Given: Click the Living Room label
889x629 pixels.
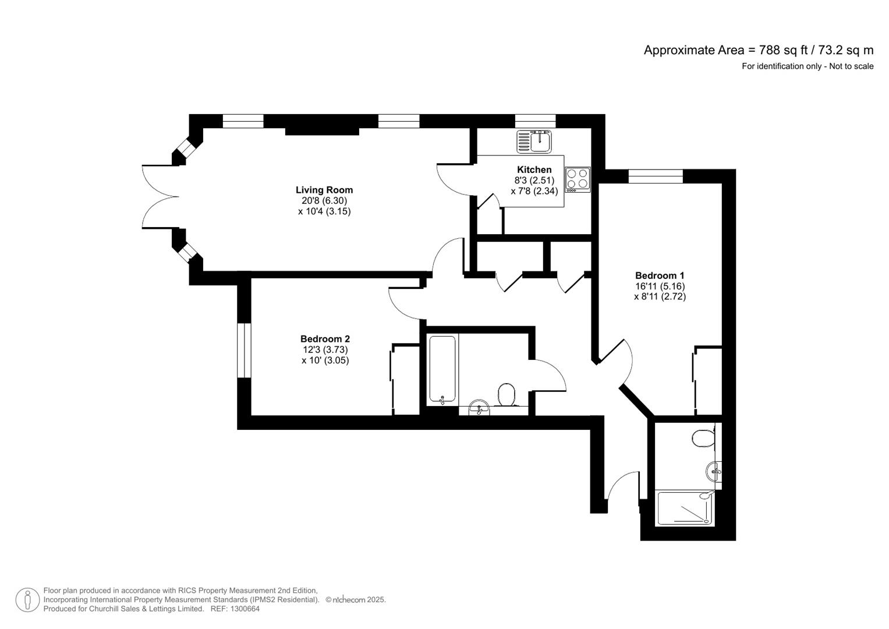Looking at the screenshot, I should coord(324,190).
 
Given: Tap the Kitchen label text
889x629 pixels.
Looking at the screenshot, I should coord(534,169).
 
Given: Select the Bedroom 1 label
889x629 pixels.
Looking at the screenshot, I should coord(660,275).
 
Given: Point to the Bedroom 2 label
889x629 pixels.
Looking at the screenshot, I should coord(325,339).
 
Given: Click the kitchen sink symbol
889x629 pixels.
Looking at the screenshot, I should coord(534,141).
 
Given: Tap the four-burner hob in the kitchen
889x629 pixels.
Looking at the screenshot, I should coord(578,179).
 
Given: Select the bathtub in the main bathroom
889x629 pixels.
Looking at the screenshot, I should coord(442,369).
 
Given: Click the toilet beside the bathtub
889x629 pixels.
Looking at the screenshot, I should coord(507,395).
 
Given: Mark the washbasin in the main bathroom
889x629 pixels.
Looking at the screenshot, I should coord(480,407).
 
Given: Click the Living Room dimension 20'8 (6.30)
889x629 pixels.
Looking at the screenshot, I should coord(324,201).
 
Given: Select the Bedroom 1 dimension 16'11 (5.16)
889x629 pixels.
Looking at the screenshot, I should coord(660,286).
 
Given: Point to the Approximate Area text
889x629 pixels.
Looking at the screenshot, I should coord(758,50).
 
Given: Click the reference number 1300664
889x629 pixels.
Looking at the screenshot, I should coord(245,609).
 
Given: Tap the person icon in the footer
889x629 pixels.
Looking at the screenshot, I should coord(27,600).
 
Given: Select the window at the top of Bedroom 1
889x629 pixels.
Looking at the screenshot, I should coord(656,176).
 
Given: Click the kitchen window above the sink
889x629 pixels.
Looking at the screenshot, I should coord(535,121).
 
